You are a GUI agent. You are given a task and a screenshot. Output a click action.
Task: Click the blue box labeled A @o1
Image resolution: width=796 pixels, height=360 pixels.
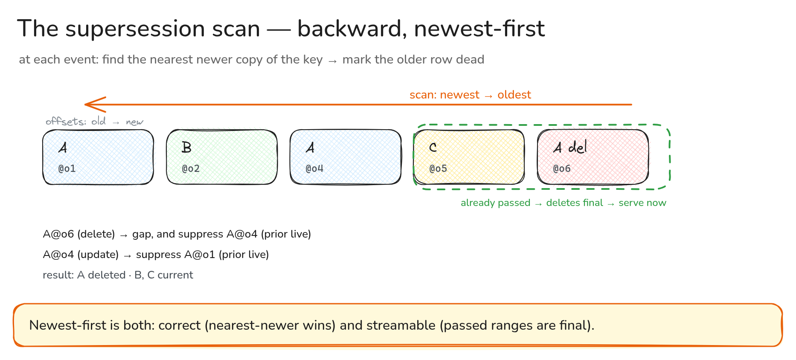point(98,157)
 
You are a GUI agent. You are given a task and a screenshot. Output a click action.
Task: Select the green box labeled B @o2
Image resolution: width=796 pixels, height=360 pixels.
point(222,157)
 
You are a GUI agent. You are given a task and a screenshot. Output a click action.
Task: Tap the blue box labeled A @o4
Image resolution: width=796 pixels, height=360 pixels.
point(346,157)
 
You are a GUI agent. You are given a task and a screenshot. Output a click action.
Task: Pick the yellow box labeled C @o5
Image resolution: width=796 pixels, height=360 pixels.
point(469,157)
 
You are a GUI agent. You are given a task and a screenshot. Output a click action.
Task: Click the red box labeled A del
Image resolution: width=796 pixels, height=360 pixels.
point(593,157)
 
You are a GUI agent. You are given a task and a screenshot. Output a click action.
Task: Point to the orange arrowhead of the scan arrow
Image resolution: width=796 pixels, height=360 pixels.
point(85,104)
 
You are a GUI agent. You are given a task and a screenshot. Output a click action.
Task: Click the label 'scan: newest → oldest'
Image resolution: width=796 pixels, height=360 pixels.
point(470,95)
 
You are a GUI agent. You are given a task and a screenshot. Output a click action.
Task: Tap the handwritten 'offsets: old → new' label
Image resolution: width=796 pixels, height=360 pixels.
point(94,122)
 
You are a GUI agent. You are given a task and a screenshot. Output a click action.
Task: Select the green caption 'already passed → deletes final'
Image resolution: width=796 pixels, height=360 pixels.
point(532,203)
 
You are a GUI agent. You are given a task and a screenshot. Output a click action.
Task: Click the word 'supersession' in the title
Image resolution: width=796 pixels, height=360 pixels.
point(163,29)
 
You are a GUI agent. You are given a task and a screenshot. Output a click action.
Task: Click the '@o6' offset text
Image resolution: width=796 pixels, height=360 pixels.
point(562,168)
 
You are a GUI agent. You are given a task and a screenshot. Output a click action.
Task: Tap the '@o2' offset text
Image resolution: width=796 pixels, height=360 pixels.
point(191,168)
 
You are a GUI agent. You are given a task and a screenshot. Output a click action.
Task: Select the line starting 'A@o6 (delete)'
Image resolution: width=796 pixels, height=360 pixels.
point(177,234)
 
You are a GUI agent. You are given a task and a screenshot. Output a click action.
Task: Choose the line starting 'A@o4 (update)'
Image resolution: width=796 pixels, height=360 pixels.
point(156,255)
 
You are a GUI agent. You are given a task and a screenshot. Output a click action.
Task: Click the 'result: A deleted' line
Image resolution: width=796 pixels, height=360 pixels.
point(118,275)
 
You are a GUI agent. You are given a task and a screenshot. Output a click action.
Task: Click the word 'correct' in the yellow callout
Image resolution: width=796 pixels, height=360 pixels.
point(179,325)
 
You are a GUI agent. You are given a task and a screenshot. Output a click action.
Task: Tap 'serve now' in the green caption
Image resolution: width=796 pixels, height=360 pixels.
point(642,203)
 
